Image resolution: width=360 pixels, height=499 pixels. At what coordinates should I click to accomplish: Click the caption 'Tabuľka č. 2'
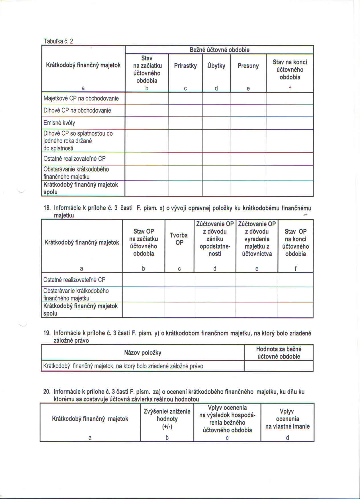pyautogui.click(x=58, y=41)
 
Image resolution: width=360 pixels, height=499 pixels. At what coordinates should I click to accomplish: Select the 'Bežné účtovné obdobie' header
pyautogui.click(x=219, y=50)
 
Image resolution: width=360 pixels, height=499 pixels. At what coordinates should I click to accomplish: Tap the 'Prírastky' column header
pyautogui.click(x=185, y=66)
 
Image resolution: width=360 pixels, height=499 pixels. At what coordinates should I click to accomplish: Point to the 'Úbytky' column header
pyautogui.click(x=216, y=66)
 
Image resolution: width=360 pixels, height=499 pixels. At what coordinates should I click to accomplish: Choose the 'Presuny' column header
pyautogui.click(x=248, y=66)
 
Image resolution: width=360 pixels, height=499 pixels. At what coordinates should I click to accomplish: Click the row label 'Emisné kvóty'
pyautogui.click(x=59, y=123)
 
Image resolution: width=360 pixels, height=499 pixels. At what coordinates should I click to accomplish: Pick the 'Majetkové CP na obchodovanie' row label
pyautogui.click(x=81, y=99)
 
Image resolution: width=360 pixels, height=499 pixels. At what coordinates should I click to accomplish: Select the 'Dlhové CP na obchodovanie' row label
pyautogui.click(x=77, y=111)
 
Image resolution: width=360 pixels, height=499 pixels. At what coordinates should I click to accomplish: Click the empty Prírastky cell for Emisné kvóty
pyautogui.click(x=185, y=123)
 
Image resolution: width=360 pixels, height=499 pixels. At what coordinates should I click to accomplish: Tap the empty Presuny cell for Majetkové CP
pyautogui.click(x=248, y=99)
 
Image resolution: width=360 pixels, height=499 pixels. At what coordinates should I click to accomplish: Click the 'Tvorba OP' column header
pyautogui.click(x=179, y=239)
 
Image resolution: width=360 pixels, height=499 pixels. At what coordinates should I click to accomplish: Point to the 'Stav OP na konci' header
pyautogui.click(x=295, y=242)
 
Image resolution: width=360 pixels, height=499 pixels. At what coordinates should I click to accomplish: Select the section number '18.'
pyautogui.click(x=47, y=208)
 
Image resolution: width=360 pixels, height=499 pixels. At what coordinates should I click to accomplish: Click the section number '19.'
pyautogui.click(x=47, y=333)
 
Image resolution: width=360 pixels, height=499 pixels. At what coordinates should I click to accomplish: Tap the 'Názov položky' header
pyautogui.click(x=143, y=353)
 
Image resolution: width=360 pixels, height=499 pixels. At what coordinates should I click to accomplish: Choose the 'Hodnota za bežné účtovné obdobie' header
pyautogui.click(x=279, y=353)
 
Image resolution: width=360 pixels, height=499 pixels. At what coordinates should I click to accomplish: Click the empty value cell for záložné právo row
pyautogui.click(x=279, y=366)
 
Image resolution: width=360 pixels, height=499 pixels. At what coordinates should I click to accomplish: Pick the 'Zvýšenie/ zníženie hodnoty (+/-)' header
pyautogui.click(x=167, y=419)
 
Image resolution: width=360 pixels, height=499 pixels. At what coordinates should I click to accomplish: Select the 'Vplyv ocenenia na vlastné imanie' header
pyautogui.click(x=287, y=419)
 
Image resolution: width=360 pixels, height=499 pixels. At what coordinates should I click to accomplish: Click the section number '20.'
pyautogui.click(x=47, y=392)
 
